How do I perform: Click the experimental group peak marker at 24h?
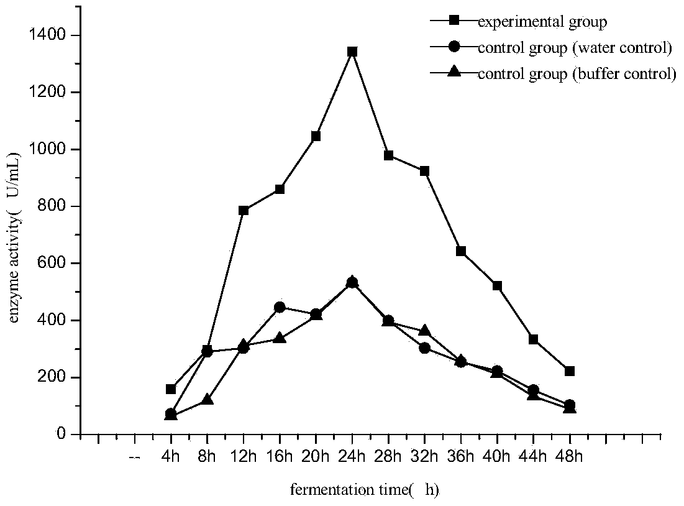[352, 52]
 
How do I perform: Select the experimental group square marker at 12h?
[244, 211]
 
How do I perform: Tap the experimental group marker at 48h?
[570, 371]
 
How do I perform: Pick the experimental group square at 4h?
[171, 389]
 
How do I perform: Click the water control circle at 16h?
[280, 307]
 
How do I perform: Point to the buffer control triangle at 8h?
[207, 400]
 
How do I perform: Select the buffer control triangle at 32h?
[425, 331]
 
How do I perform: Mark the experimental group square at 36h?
[461, 251]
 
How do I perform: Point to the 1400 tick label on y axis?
[49, 35]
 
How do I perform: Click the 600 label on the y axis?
[55, 264]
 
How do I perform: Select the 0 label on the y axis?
[63, 435]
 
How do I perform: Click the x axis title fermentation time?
[365, 490]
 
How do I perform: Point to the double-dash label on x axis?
[135, 458]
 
